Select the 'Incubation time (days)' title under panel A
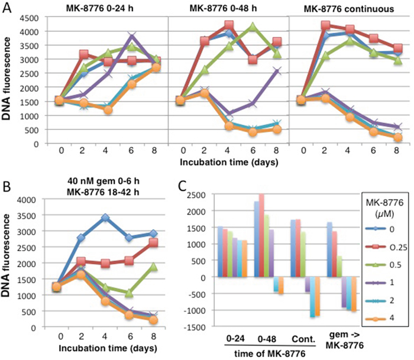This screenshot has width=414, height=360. pyautogui.click(x=224, y=160)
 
